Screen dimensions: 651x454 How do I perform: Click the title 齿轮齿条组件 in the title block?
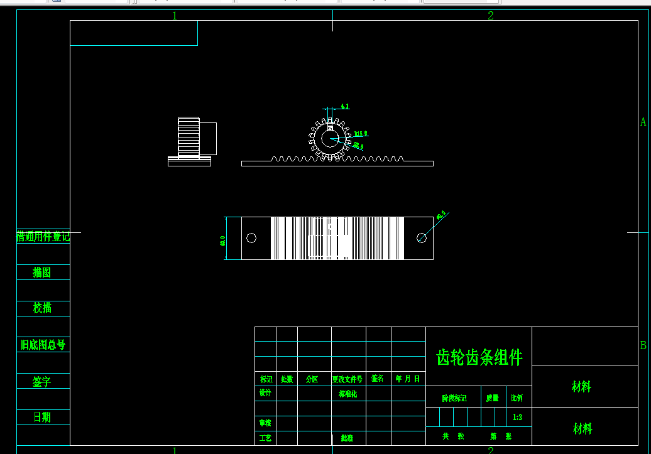[x=479, y=357]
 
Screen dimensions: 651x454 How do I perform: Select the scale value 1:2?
[x=518, y=416]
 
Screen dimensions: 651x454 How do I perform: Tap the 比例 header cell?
[x=517, y=398]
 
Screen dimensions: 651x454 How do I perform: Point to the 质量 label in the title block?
[x=492, y=398]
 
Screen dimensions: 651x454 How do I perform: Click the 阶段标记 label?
[x=454, y=398]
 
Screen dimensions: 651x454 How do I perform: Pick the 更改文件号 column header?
[x=347, y=379]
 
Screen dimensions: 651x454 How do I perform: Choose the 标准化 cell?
[x=347, y=394]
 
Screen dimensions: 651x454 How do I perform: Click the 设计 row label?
[x=265, y=393]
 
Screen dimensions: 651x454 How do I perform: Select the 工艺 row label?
[x=265, y=438]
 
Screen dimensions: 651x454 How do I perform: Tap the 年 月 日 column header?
[x=408, y=379]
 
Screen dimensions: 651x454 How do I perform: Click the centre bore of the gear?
[x=329, y=139]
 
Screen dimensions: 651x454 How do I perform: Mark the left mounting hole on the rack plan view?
[x=251, y=238]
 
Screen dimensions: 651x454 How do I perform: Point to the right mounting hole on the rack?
[x=422, y=238]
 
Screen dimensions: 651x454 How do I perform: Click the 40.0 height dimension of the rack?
[x=222, y=240]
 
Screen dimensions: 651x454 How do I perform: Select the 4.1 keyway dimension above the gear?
[x=345, y=107]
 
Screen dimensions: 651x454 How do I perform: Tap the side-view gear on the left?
[x=189, y=136]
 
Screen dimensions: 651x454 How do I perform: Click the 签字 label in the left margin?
[x=42, y=381]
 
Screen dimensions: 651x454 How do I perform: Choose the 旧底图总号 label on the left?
[x=43, y=345]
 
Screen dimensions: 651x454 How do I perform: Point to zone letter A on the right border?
[x=643, y=122]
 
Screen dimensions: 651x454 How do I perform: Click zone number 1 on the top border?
[x=175, y=16]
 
